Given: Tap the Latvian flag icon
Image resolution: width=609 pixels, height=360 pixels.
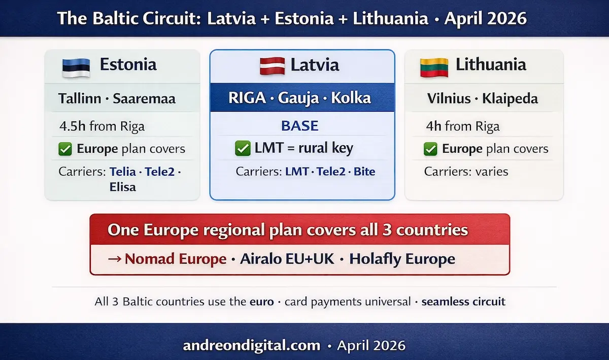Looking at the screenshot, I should coord(273,66).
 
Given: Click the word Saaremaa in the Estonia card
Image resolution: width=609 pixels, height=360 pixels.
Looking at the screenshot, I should coord(144,98).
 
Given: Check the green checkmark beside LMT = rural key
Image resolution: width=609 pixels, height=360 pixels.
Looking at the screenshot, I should coord(243,148).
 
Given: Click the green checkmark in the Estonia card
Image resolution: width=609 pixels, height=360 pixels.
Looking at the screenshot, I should coord(65,149).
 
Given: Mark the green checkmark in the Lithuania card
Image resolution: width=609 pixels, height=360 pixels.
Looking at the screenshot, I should coord(430,149).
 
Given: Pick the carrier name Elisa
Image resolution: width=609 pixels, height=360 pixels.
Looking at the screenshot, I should coord(122,187).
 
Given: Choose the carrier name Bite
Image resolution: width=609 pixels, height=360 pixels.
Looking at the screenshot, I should coord(364,172).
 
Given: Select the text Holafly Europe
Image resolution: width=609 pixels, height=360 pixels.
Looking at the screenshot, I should coord(402,259).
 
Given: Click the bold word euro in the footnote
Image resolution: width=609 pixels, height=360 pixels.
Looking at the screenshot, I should coord(261,301).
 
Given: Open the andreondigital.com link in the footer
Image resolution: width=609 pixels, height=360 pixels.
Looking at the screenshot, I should coord(252,346).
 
